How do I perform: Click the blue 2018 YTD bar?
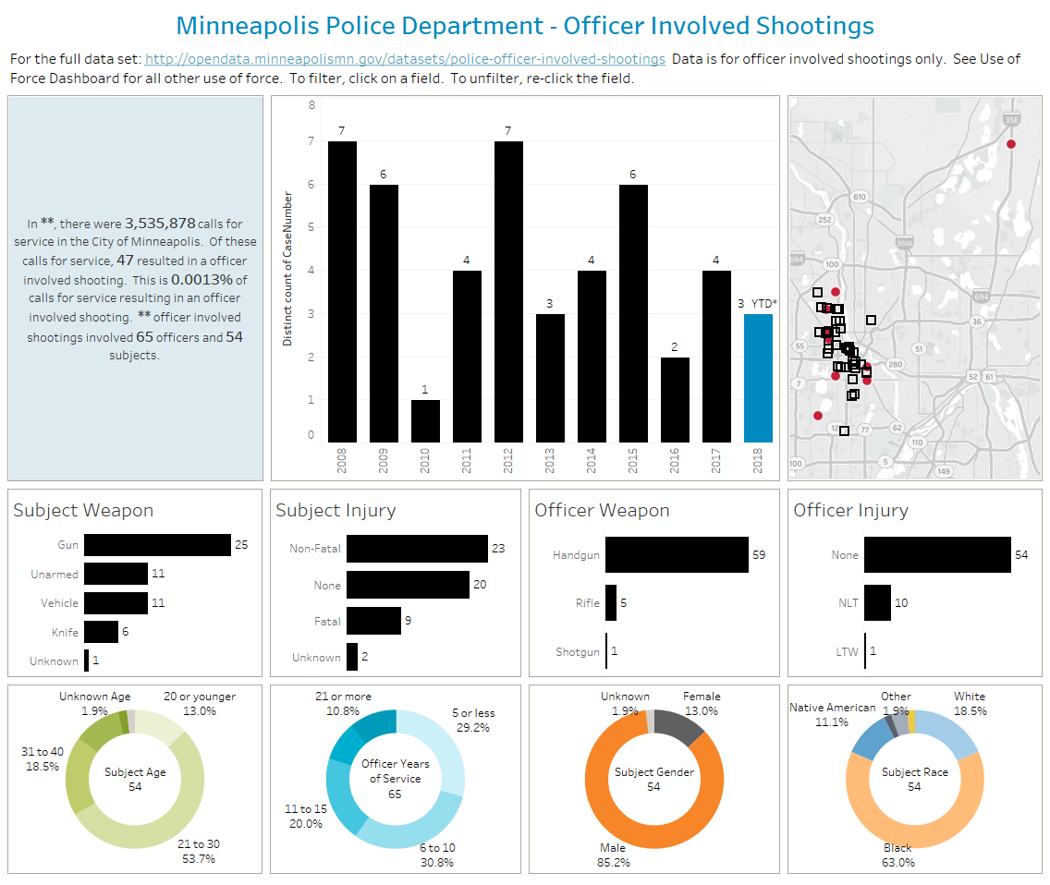[x=758, y=379]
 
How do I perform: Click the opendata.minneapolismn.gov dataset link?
[x=405, y=59]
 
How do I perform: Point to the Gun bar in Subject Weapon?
[x=157, y=545]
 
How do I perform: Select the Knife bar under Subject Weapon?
[x=101, y=632]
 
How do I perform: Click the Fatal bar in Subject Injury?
[x=373, y=622]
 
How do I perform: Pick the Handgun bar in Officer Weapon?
[x=677, y=554]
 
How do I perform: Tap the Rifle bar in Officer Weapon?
[x=611, y=603]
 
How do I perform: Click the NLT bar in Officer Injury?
[x=877, y=603]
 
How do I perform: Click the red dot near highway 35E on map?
[x=1010, y=144]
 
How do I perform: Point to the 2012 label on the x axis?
[x=508, y=459]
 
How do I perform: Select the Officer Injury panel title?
[x=850, y=510]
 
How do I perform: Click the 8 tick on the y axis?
[x=311, y=105]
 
